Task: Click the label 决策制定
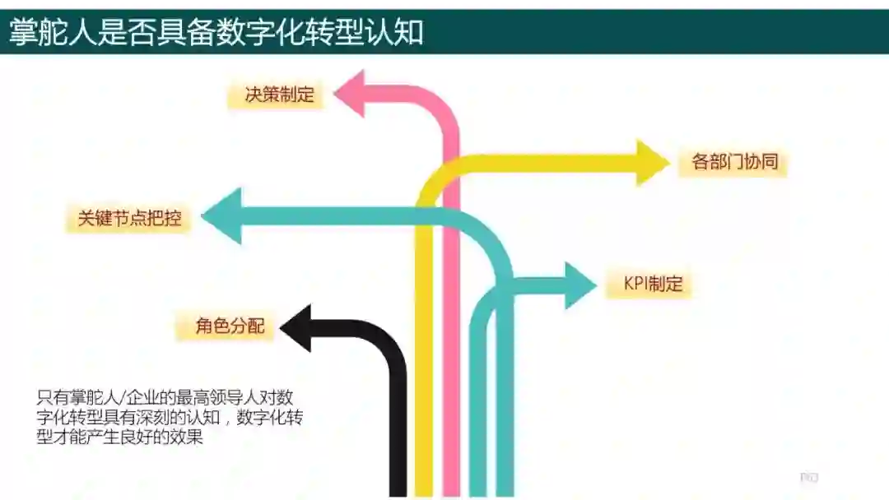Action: (x=279, y=95)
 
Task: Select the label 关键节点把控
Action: (x=129, y=219)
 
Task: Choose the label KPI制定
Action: (x=654, y=285)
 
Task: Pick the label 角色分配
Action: (x=230, y=326)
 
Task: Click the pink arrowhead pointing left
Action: (x=354, y=93)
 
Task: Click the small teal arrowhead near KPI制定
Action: (x=579, y=285)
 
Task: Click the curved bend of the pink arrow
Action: (x=441, y=105)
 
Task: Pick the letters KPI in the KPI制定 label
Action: (x=636, y=285)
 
